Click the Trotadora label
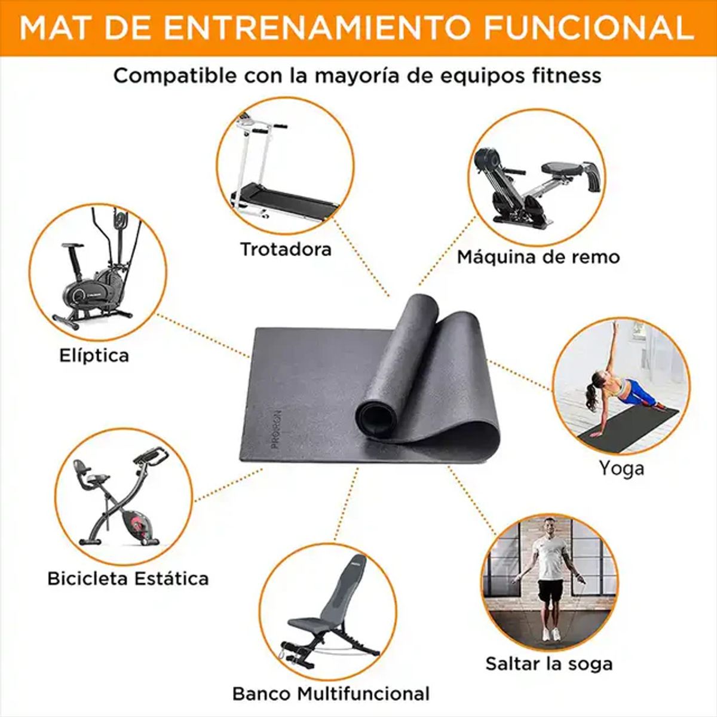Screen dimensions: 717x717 (286, 249)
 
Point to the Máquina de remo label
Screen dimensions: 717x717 (538, 257)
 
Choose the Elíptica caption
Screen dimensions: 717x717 (94, 356)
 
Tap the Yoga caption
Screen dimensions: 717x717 (621, 468)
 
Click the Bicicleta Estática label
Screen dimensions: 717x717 (128, 578)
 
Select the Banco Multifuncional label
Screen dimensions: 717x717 (330, 694)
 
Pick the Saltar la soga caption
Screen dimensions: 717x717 (549, 664)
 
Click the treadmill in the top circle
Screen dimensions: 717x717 (281, 179)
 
